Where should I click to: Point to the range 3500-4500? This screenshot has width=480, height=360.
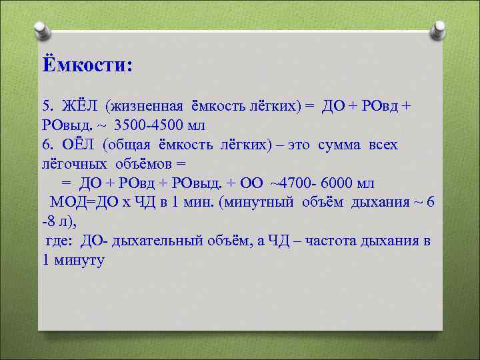pyautogui.click(x=150, y=125)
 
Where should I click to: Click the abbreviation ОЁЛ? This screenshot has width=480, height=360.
pyautogui.click(x=79, y=145)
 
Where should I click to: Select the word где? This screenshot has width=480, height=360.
pyautogui.click(x=61, y=241)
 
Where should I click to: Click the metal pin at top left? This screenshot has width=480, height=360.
pyautogui.click(x=40, y=31)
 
